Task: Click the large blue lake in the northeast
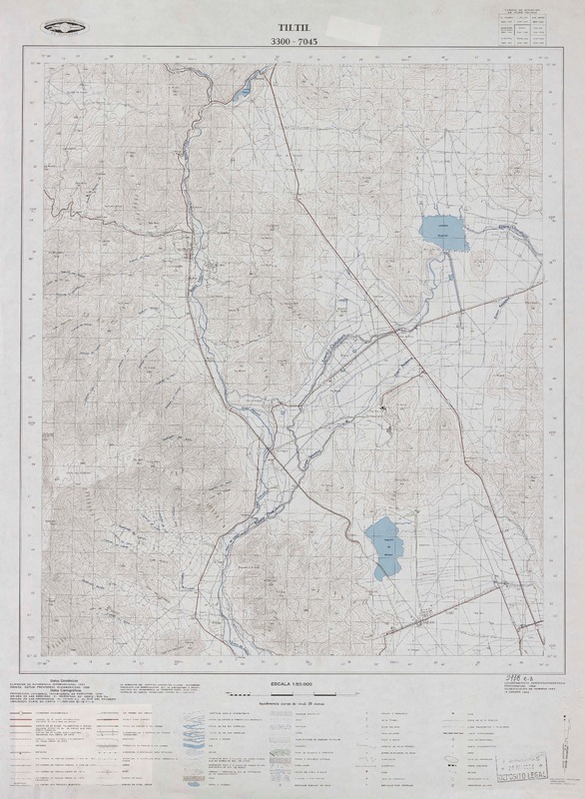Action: click(440, 232)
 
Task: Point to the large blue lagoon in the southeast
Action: click(383, 549)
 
